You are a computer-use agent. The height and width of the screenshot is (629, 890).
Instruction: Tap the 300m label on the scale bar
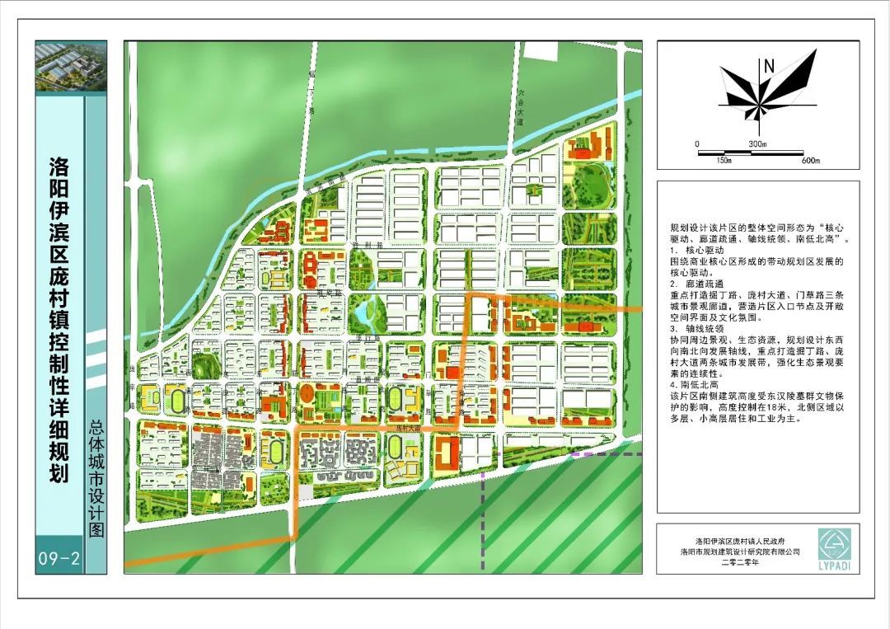[x=757, y=143]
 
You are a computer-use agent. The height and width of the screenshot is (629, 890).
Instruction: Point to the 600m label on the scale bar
[x=811, y=160]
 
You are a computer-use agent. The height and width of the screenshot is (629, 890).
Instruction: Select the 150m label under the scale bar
[x=724, y=160]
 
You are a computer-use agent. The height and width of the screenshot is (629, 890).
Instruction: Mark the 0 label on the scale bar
[x=697, y=143]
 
